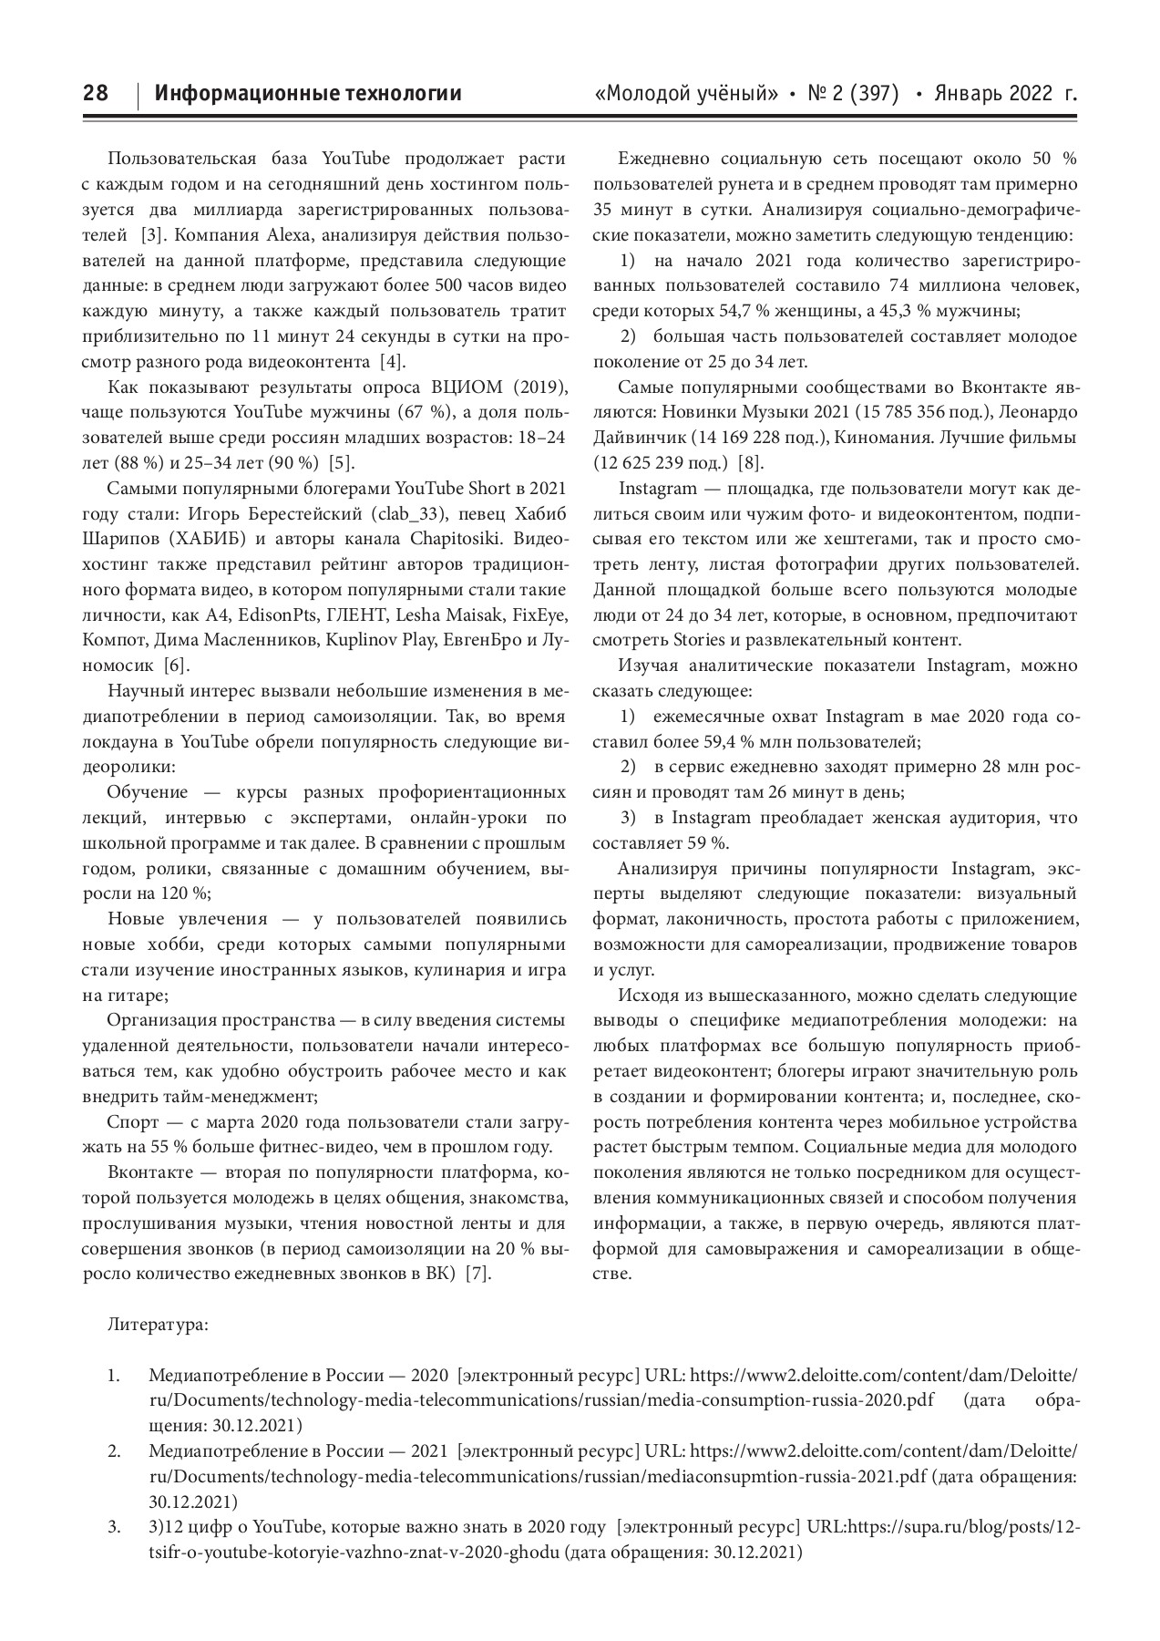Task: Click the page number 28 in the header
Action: (95, 94)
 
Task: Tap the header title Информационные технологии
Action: (308, 94)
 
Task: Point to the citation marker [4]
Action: (390, 361)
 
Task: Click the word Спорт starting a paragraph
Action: (132, 1121)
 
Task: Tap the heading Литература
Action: (157, 1324)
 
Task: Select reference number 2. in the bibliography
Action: (114, 1450)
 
